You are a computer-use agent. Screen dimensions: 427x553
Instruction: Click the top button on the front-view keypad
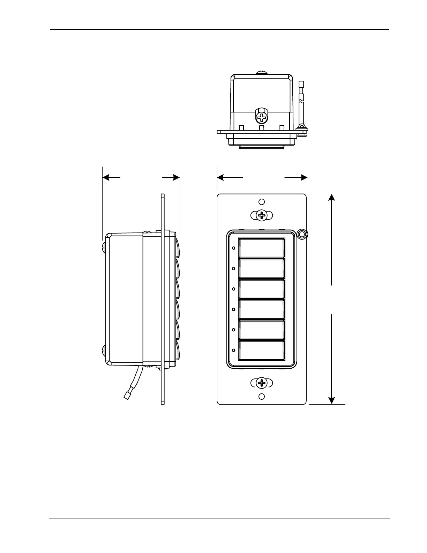tap(261, 248)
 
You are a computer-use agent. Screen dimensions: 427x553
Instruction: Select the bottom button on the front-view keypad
tap(261, 350)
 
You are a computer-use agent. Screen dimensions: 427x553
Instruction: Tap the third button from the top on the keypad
tap(261, 289)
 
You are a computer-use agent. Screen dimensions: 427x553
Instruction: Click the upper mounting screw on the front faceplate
tap(262, 215)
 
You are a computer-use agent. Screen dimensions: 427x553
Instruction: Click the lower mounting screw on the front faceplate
tap(262, 383)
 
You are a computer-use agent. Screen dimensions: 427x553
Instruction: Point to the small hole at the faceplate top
tap(262, 202)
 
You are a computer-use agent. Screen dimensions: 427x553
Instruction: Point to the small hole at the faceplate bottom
tap(262, 397)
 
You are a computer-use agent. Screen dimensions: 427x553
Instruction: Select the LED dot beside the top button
tap(233, 248)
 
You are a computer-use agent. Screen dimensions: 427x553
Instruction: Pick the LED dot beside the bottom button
tap(233, 350)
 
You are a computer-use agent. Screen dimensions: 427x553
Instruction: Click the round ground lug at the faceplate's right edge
tap(302, 234)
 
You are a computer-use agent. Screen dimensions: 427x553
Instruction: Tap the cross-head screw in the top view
tap(261, 117)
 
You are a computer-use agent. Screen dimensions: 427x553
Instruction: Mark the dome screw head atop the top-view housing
tap(261, 73)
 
